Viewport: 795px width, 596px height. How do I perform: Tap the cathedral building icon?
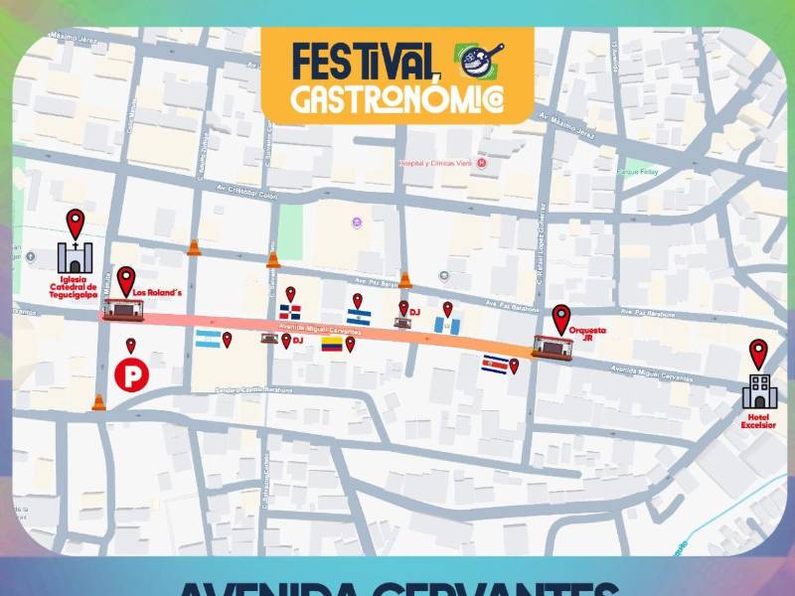pos(74,257)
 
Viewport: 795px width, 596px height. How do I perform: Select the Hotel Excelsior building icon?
pos(758,390)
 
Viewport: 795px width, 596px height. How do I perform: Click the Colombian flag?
pos(331,345)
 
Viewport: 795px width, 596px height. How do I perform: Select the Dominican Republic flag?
pos(289,313)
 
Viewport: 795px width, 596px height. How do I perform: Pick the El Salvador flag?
pos(359,316)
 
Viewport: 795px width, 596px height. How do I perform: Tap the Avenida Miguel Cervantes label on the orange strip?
pos(319,330)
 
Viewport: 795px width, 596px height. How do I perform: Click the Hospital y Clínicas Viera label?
pos(436,163)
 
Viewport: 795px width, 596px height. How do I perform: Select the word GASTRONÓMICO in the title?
pos(396,97)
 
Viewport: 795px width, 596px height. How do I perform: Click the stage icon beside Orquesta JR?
pos(553,347)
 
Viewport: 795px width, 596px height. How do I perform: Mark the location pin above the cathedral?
pos(75,223)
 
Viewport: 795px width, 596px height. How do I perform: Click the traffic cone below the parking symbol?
pos(97,402)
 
